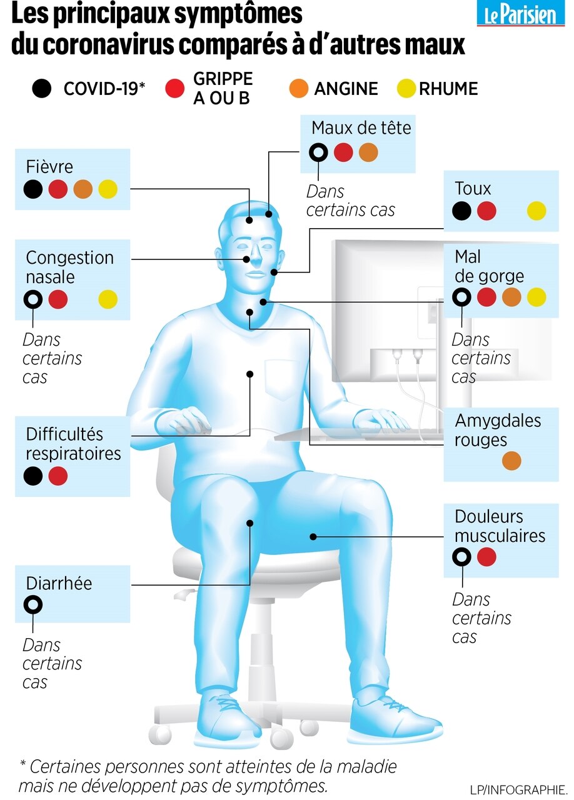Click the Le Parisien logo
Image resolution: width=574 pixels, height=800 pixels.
(520, 14)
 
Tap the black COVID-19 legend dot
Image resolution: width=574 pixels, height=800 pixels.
(42, 89)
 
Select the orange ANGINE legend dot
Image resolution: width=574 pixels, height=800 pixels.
(299, 89)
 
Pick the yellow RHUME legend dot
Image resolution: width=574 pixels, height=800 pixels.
(406, 89)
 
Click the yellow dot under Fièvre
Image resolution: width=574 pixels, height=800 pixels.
(108, 189)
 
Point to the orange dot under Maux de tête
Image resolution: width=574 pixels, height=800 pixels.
(368, 152)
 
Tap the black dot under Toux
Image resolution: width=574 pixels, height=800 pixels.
(461, 211)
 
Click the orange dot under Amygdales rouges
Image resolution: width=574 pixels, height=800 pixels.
(511, 461)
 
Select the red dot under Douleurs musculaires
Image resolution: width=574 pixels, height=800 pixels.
(486, 556)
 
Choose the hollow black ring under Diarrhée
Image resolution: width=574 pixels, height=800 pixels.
(33, 605)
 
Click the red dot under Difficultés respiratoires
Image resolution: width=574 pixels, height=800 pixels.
(58, 476)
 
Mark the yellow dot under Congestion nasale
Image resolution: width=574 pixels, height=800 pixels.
(108, 300)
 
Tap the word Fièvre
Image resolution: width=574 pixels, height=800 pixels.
(49, 167)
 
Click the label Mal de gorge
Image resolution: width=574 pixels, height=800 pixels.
(489, 266)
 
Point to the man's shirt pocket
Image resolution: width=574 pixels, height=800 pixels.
(282, 379)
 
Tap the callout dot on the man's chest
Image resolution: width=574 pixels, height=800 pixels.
(249, 374)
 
